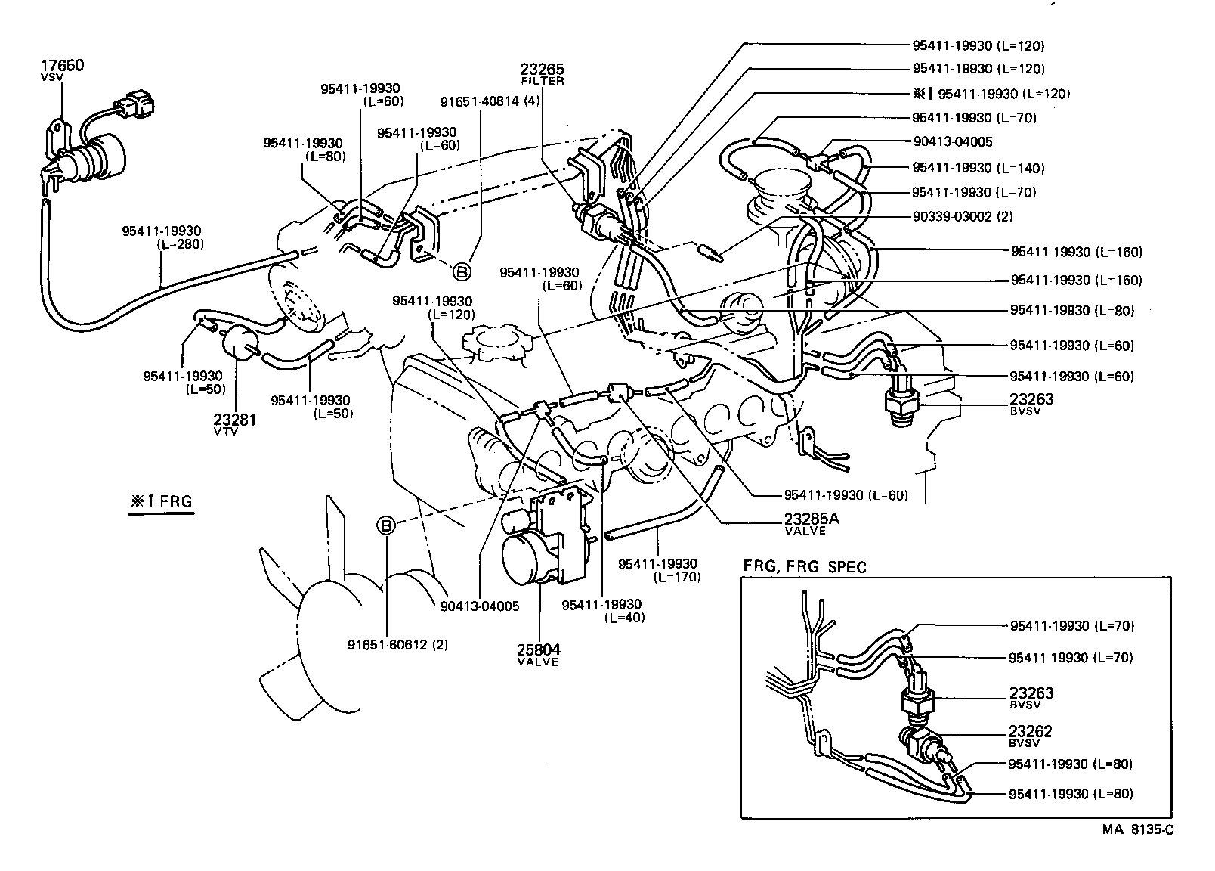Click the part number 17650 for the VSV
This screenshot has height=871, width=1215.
click(x=63, y=66)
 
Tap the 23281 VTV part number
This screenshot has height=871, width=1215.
click(x=234, y=420)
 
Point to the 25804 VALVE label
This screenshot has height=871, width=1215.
click(x=538, y=650)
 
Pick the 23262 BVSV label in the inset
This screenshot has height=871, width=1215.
click(x=1031, y=733)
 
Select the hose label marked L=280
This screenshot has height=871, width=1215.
click(x=162, y=237)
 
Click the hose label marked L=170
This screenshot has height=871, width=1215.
click(x=657, y=570)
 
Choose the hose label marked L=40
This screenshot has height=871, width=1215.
click(x=601, y=610)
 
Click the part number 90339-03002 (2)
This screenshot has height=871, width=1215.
click(x=963, y=217)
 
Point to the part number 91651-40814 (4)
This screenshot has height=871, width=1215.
click(x=490, y=101)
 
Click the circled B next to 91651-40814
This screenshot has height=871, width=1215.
click(x=462, y=271)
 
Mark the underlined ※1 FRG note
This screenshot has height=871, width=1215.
click(x=160, y=501)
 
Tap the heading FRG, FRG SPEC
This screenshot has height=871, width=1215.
click(x=805, y=566)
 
